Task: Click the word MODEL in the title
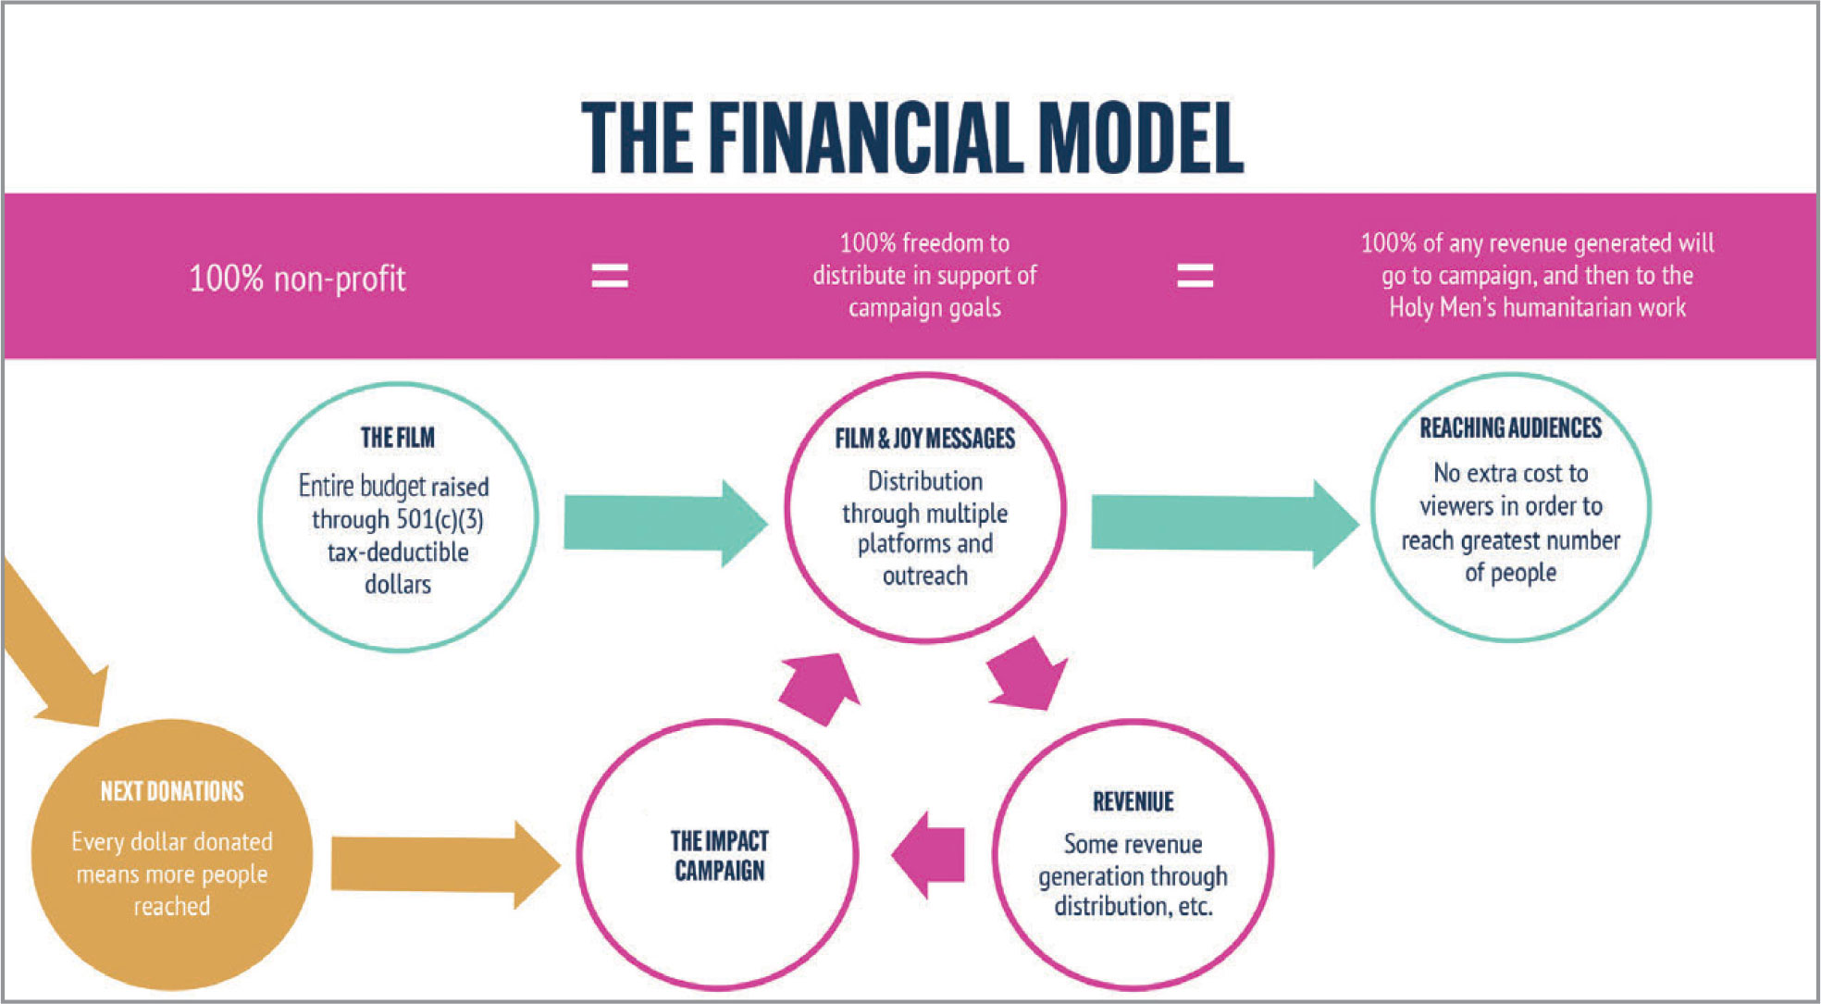1141,138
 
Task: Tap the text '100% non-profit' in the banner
297,279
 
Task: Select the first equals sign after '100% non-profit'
610,276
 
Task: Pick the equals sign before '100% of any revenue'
1195,276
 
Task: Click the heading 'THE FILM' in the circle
397,438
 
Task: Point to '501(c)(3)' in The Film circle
440,519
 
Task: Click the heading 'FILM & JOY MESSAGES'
924,439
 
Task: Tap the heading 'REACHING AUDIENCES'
1510,428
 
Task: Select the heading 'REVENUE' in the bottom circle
1133,801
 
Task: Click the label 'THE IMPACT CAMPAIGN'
719,855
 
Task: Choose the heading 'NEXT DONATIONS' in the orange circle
172,791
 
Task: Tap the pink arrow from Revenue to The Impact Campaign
930,854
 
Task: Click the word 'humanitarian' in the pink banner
1567,307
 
